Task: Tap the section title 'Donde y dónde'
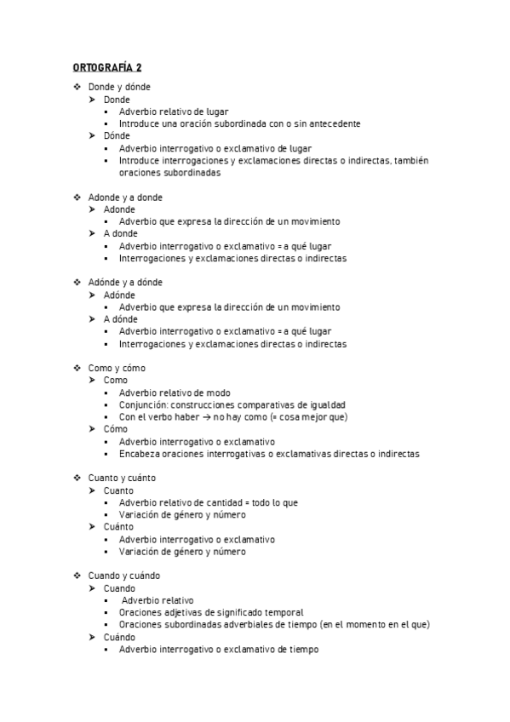coord(120,87)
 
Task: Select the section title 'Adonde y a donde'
coord(125,197)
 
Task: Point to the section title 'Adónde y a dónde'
coord(125,283)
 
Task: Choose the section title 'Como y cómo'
coord(117,369)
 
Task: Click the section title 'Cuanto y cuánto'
coord(122,478)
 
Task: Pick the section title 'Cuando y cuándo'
coord(123,576)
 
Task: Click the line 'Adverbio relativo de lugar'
coord(174,112)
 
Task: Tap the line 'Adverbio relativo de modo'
coord(175,393)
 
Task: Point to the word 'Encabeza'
coord(139,454)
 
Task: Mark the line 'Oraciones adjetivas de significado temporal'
coord(211,612)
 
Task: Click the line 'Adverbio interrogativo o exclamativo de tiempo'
coord(219,649)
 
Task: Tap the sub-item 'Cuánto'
coord(118,527)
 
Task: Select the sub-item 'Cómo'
coord(116,429)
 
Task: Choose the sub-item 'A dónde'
coord(121,319)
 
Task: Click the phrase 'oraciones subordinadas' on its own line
coord(169,172)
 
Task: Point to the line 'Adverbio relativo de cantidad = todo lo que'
coord(209,502)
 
